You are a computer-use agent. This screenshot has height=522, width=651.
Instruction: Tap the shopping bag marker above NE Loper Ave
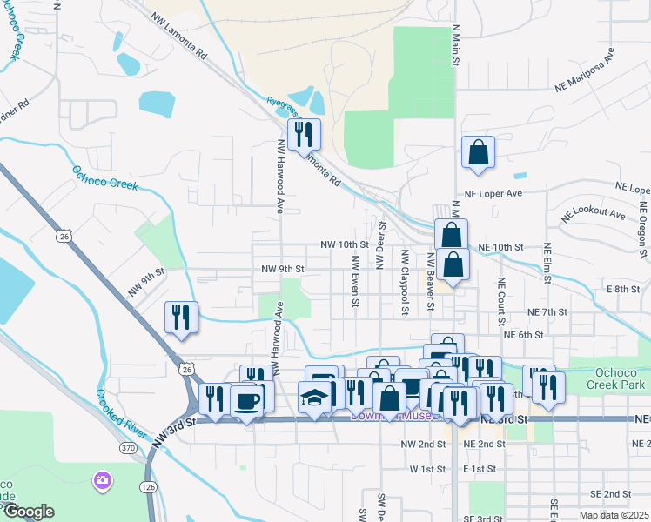pyautogui.click(x=478, y=152)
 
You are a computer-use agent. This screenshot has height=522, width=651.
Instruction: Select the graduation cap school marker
pyautogui.click(x=314, y=398)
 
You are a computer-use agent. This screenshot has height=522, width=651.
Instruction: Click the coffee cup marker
pyautogui.click(x=248, y=399)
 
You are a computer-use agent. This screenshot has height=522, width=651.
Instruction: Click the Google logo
pyautogui.click(x=28, y=511)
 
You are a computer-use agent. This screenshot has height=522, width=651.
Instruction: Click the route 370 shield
pyautogui.click(x=129, y=447)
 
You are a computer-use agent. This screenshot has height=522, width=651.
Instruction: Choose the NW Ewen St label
pyautogui.click(x=355, y=280)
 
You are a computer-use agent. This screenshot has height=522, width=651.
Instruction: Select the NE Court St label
pyautogui.click(x=501, y=297)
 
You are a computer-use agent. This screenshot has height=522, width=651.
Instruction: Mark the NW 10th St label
pyautogui.click(x=345, y=246)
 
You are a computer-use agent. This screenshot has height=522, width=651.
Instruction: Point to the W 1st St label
pyautogui.click(x=427, y=469)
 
